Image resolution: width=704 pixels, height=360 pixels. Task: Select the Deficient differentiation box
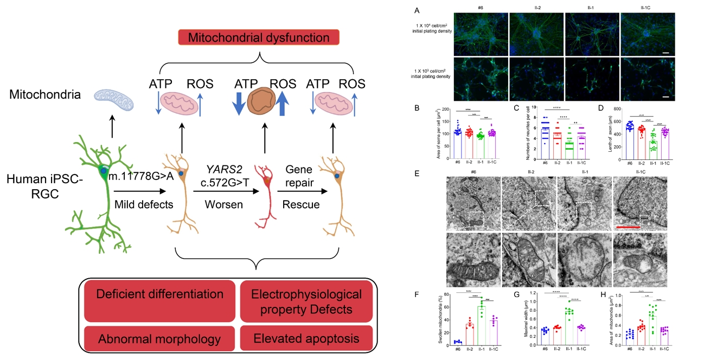coord(159,294)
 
